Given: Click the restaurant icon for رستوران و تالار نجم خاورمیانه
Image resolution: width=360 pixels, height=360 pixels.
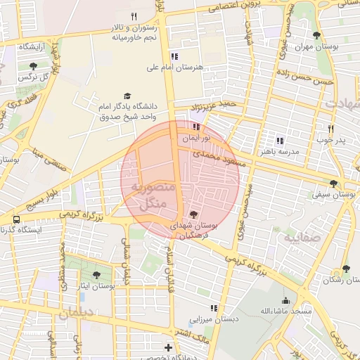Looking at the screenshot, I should pyautogui.click(x=134, y=16).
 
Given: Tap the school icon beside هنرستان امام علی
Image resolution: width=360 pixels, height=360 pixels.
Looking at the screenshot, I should pyautogui.click(x=174, y=56).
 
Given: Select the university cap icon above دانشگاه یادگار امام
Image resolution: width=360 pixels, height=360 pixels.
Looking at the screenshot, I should pyautogui.click(x=127, y=96).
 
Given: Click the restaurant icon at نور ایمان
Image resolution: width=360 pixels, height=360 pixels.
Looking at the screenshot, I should pyautogui.click(x=195, y=128).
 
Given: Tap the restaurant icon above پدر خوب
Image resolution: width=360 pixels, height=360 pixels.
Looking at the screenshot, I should pyautogui.click(x=330, y=129).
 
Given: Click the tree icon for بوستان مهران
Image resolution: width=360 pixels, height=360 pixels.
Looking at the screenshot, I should pyautogui.click(x=316, y=34).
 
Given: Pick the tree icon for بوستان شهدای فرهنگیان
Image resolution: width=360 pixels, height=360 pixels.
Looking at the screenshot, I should pyautogui.click(x=194, y=214).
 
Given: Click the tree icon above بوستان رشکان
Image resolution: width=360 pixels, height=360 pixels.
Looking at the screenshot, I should pyautogui.click(x=345, y=268).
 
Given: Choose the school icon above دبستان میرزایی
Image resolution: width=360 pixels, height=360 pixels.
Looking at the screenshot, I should pyautogui.click(x=214, y=308).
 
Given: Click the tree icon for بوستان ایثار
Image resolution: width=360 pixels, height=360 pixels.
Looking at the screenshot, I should pyautogui.click(x=96, y=275).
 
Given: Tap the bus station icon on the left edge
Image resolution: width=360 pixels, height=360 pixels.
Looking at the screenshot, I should pyautogui.click(x=16, y=219).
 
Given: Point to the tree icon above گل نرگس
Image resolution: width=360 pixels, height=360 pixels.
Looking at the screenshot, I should pyautogui.click(x=33, y=65).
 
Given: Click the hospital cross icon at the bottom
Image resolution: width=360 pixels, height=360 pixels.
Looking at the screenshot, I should pyautogui.click(x=168, y=347).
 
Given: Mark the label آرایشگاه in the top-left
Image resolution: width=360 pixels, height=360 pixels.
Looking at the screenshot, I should pyautogui.click(x=32, y=46).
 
